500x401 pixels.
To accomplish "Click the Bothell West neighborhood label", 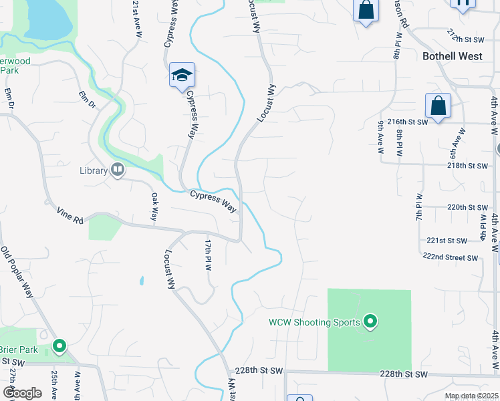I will tap(453, 56).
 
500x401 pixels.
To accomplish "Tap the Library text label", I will tap(94, 170).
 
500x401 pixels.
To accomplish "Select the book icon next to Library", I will tap(118, 170).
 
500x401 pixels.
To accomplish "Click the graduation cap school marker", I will tap(180, 76).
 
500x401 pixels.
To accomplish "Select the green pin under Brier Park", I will tap(59, 346).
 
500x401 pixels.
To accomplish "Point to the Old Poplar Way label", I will tap(17, 273).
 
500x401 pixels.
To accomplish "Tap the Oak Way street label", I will tap(154, 207).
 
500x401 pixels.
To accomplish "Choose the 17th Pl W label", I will tap(208, 255).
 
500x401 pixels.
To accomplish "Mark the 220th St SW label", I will tap(467, 207).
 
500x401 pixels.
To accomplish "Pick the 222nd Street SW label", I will tap(450, 257).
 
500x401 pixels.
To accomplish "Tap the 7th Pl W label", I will tap(419, 208).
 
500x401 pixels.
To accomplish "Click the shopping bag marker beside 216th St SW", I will tap(438, 106).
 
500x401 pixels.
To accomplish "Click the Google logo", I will tap(21, 393).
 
